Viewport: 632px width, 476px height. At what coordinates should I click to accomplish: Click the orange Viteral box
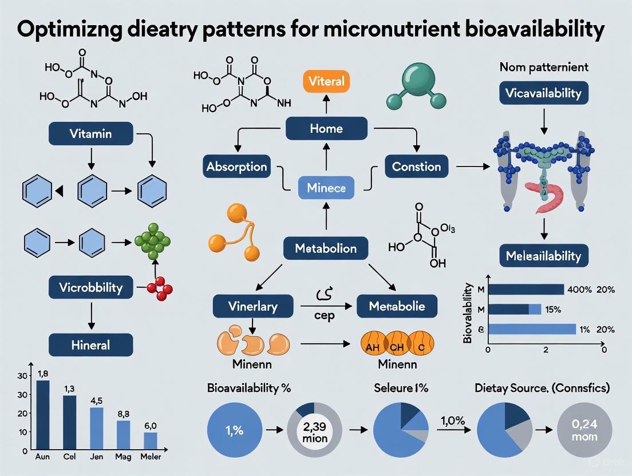click(x=326, y=81)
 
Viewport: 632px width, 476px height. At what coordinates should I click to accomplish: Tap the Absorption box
click(x=236, y=167)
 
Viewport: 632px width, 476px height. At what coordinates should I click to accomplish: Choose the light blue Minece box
click(x=326, y=187)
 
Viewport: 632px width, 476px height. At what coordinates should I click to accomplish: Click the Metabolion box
click(x=326, y=248)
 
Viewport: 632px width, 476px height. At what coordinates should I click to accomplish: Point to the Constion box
click(x=416, y=167)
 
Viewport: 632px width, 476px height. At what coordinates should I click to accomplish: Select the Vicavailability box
click(x=543, y=94)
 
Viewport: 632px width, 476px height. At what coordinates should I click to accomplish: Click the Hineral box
click(x=90, y=345)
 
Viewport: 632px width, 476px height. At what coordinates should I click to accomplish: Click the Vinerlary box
click(x=253, y=306)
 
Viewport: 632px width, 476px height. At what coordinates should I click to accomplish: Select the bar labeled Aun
click(x=43, y=415)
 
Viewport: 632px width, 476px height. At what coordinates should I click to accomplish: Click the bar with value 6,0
click(x=150, y=441)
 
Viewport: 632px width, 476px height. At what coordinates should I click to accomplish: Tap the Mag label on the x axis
click(x=124, y=457)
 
